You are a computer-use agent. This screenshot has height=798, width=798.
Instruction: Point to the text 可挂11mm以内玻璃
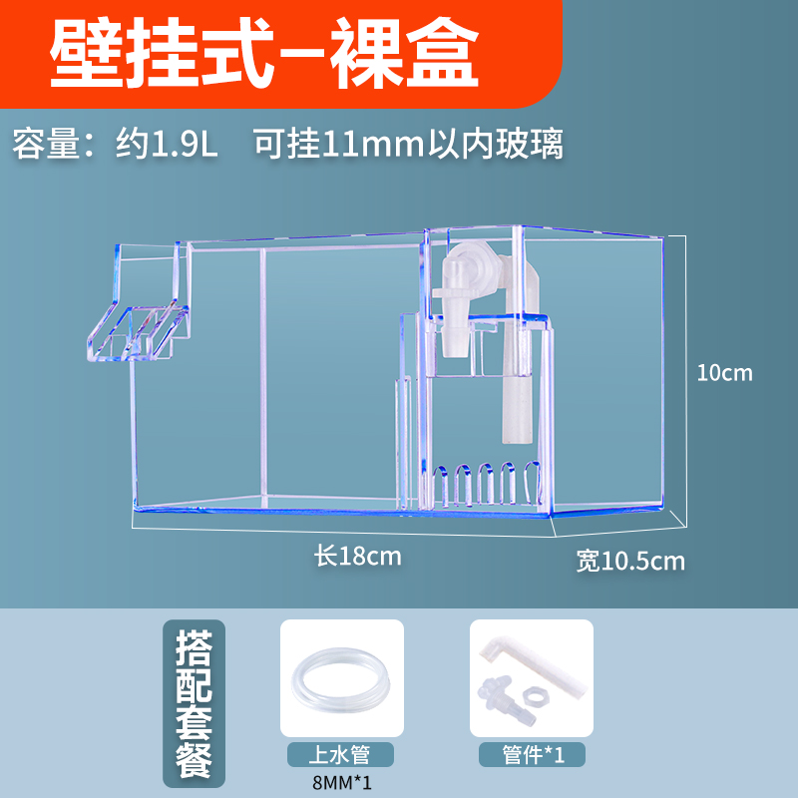408,145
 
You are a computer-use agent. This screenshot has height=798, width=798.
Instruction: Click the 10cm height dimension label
724,374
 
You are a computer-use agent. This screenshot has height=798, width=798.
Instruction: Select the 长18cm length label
358,556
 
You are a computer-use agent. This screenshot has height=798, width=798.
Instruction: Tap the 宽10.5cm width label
630,561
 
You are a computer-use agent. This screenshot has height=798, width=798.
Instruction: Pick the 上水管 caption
341,754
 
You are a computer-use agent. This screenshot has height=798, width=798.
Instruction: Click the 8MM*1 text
341,782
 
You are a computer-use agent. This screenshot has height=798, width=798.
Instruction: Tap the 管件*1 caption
531,754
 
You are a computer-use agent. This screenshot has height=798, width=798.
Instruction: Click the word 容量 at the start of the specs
46,145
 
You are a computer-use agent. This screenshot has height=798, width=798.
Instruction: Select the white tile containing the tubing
341,678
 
